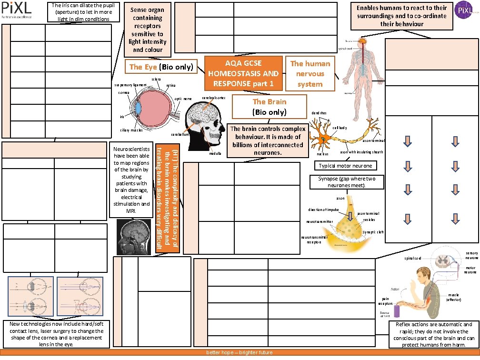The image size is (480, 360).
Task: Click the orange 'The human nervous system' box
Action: pyautogui.click(x=310, y=74)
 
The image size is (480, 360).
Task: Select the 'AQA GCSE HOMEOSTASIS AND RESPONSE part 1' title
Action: pyautogui.click(x=243, y=73)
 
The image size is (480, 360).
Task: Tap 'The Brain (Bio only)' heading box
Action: pyautogui.click(x=270, y=107)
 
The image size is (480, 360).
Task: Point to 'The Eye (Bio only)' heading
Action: pyautogui.click(x=161, y=67)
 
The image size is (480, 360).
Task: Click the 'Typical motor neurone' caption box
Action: pyautogui.click(x=346, y=166)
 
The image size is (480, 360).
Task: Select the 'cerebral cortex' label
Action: pyautogui.click(x=214, y=97)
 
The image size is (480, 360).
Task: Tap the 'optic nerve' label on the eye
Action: pyautogui.click(x=183, y=99)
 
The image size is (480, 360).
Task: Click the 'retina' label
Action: pyautogui.click(x=171, y=86)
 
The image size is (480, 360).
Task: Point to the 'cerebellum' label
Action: pyautogui.click(x=180, y=134)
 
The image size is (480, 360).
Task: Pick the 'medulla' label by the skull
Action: pyautogui.click(x=215, y=154)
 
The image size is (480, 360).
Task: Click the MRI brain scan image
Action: pyautogui.click(x=134, y=237)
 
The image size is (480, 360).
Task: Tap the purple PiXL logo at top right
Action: pyautogui.click(x=464, y=10)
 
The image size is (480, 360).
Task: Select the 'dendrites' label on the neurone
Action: pyautogui.click(x=319, y=113)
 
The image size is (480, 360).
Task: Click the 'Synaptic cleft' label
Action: pyautogui.click(x=373, y=232)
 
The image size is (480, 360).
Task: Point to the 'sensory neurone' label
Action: pyautogui.click(x=471, y=255)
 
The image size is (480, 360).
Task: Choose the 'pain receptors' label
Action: pyautogui.click(x=385, y=301)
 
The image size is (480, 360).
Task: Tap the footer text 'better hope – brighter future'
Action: pyautogui.click(x=239, y=353)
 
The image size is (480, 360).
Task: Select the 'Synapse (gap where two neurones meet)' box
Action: pyautogui.click(x=347, y=181)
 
